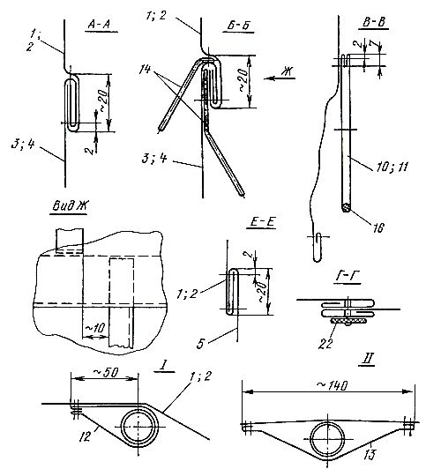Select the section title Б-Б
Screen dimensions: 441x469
238,25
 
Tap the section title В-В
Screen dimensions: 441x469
374,23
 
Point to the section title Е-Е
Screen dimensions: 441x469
261,223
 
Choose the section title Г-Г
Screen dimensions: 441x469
347,278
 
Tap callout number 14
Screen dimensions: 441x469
146,70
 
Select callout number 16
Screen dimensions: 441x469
378,228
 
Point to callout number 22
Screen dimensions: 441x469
325,344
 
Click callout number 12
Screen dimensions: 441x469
86,437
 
